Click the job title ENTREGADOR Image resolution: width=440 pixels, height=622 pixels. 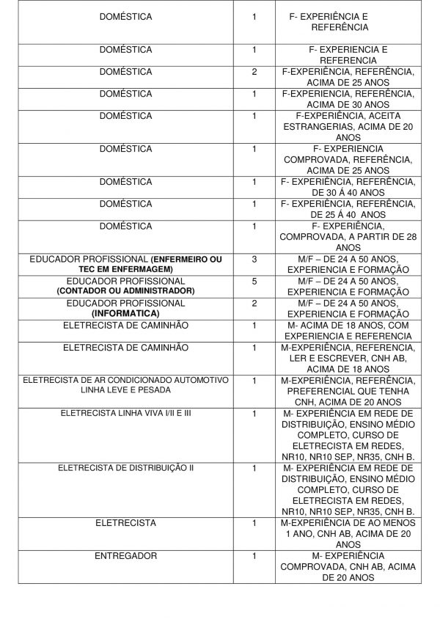pyautogui.click(x=125, y=556)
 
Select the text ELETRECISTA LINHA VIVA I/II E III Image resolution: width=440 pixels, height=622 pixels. pyautogui.click(x=125, y=414)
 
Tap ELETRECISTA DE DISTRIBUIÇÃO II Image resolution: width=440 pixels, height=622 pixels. pyautogui.click(x=125, y=467)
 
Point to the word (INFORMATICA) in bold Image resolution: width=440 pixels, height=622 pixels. pyautogui.click(x=125, y=312)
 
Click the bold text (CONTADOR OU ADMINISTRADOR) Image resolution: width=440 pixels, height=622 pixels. pyautogui.click(x=125, y=291)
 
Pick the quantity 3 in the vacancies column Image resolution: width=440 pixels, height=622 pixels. pyautogui.click(x=254, y=260)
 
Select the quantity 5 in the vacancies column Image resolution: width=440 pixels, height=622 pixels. pyautogui.click(x=254, y=281)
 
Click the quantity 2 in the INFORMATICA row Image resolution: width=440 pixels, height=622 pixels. pyautogui.click(x=254, y=302)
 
